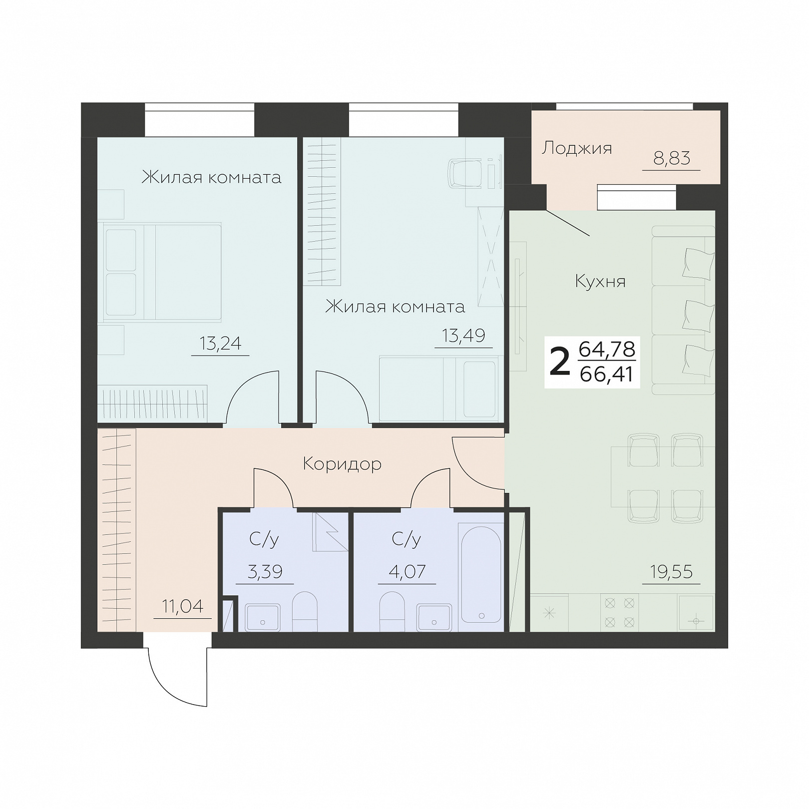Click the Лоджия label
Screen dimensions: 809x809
point(577,149)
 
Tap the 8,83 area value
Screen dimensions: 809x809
point(672,158)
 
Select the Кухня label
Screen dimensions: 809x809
point(600,282)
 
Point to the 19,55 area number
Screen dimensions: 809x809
point(671,571)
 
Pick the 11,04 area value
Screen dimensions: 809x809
point(182,606)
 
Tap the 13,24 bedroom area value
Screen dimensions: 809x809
point(220,343)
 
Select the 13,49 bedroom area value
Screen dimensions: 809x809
point(463,336)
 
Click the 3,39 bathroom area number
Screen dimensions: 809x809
point(265,571)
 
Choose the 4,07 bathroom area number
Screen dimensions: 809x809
point(407,571)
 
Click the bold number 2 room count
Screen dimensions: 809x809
point(560,363)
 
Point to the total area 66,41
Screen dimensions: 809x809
point(607,374)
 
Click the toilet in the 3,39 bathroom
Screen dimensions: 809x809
point(305,612)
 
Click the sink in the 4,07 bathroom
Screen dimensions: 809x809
point(434,618)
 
